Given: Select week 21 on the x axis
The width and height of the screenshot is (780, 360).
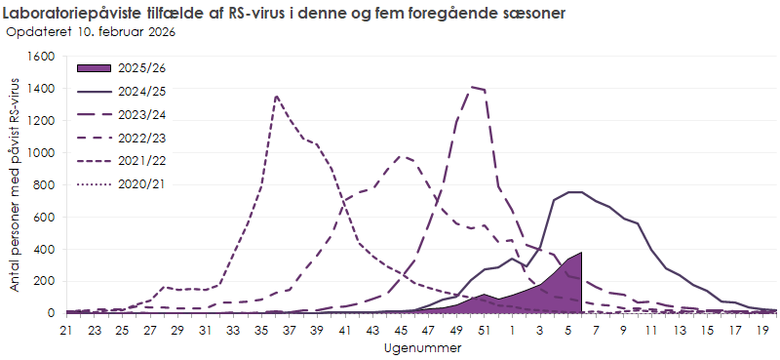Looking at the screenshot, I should tap(66, 330).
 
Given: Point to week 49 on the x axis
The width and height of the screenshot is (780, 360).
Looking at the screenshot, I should tap(456, 330).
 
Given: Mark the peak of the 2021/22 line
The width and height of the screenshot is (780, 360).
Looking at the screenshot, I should tap(277, 97).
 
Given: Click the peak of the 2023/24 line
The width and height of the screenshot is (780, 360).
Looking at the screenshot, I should tap(472, 87).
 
